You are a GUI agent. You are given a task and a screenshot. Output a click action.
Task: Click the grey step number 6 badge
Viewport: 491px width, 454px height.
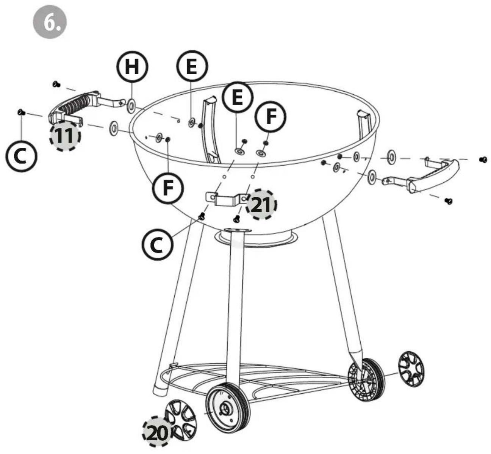(x=50, y=22)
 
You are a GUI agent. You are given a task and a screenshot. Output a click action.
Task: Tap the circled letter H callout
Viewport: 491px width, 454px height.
(x=132, y=66)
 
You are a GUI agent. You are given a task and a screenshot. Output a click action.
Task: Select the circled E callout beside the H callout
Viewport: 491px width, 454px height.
(x=192, y=66)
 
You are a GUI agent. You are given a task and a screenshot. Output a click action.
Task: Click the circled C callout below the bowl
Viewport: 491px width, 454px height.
(x=158, y=244)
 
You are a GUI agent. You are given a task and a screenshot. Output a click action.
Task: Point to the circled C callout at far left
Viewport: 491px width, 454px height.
(x=21, y=156)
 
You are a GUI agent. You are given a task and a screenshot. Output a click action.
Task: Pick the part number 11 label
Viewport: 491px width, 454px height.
(x=65, y=136)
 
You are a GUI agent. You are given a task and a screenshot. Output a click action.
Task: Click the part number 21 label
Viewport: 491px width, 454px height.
(x=261, y=204)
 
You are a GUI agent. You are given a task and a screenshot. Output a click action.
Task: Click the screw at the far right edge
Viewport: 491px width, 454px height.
(x=483, y=160)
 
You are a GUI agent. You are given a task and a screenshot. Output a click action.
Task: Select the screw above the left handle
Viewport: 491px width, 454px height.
(x=56, y=84)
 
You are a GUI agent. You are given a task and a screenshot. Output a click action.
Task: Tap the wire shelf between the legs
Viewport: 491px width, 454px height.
(x=252, y=381)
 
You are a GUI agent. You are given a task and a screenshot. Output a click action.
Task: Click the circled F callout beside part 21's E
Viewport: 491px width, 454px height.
(x=271, y=116)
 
